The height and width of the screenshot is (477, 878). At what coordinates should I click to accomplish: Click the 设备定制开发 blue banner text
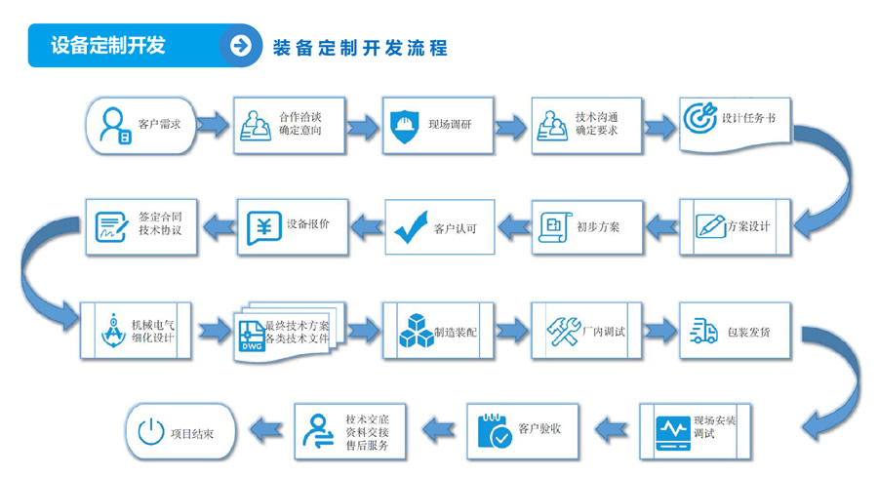(x=108, y=45)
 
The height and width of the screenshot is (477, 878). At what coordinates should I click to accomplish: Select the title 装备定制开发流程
(x=360, y=47)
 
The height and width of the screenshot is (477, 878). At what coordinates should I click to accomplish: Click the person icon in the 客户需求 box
(x=115, y=125)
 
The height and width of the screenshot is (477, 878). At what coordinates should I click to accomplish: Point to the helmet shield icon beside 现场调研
(x=402, y=125)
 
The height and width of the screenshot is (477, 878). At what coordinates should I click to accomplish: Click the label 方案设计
(x=748, y=226)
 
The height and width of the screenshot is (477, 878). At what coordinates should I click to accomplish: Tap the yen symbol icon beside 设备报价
(x=262, y=225)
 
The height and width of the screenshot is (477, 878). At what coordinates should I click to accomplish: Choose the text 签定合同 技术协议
(x=160, y=223)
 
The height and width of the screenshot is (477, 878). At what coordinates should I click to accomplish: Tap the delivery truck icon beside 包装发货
(x=702, y=332)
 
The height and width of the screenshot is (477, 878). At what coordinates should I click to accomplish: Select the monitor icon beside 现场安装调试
(x=671, y=428)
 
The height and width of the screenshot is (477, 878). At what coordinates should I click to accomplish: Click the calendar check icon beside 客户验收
(x=494, y=429)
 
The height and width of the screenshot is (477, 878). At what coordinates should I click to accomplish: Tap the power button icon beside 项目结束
(x=150, y=431)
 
